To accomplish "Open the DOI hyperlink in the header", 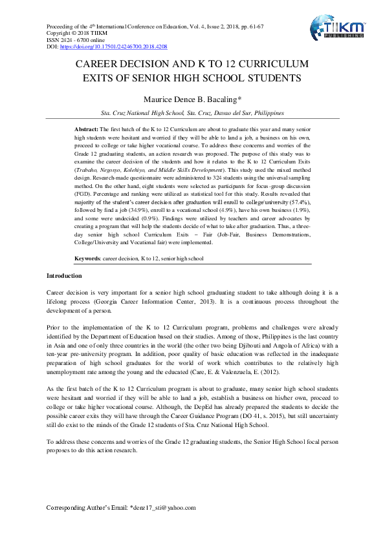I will tap(114, 47).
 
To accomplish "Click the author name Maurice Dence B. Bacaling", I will tap(192, 99).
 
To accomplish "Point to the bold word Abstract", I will tap(87, 130).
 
